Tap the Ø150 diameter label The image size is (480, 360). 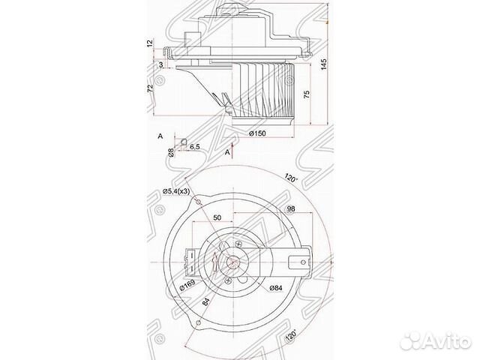(258, 133)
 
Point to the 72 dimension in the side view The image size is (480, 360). (151, 88)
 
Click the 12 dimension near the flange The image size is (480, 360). (151, 43)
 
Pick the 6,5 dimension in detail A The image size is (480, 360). (194, 146)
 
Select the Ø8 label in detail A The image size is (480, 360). (171, 152)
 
